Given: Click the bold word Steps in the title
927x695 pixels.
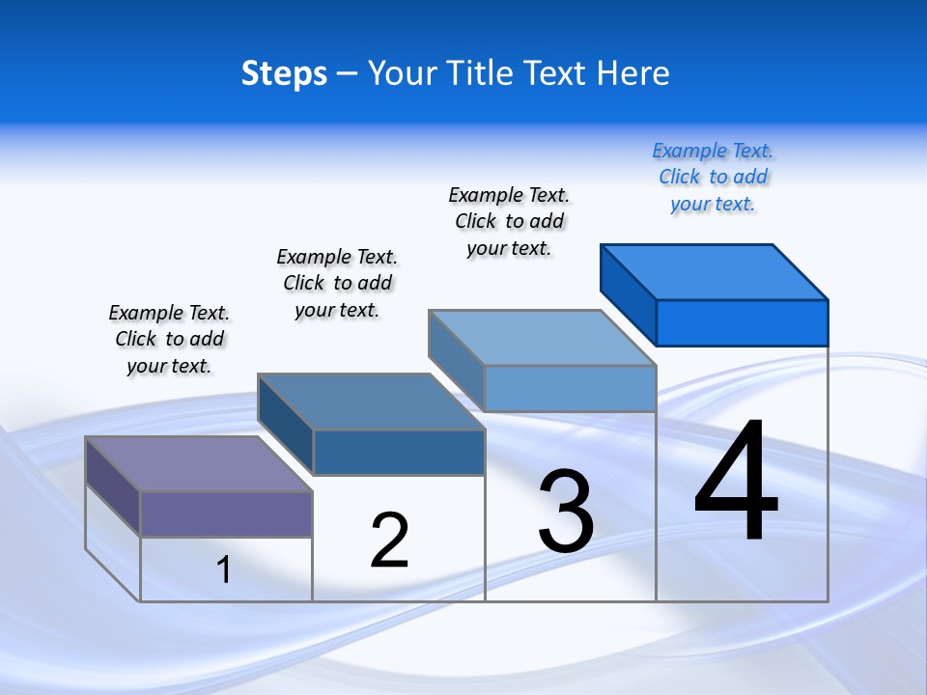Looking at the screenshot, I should [x=284, y=73].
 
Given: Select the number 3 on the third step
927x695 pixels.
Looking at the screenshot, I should [x=566, y=512].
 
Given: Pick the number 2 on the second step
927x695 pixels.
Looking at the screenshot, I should [x=389, y=540].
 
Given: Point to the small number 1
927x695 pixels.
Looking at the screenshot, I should [x=224, y=570].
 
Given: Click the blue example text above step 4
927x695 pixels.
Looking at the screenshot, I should [x=713, y=177].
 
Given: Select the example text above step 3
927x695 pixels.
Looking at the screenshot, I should [x=509, y=221].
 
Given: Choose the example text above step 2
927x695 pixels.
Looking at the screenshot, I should [x=337, y=283].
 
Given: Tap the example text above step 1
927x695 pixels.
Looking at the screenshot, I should [x=169, y=339].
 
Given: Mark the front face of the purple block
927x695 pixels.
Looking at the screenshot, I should [x=226, y=514].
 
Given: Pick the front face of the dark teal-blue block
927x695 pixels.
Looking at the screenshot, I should [x=399, y=452].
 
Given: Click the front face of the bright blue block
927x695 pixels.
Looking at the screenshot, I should [x=742, y=322].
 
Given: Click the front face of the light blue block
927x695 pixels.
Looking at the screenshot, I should [x=570, y=388].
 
